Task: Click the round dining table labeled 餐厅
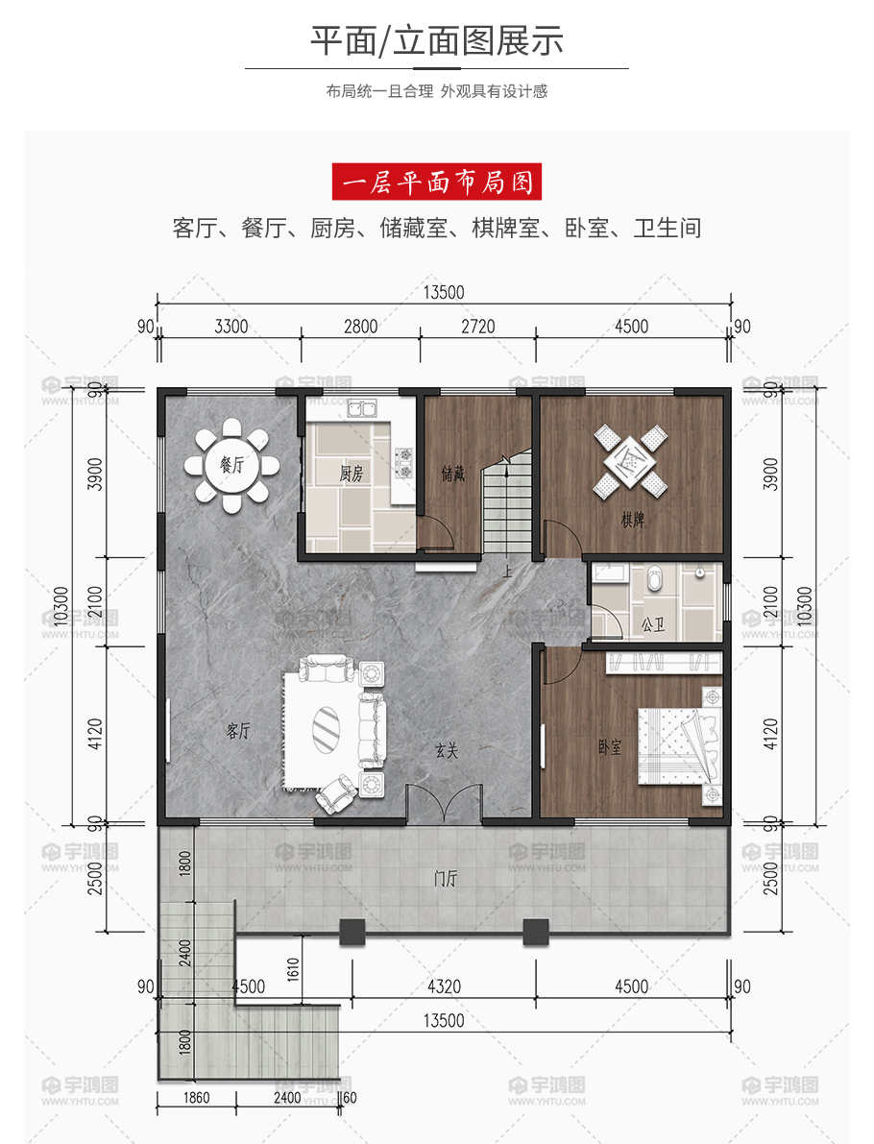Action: pos(232,465)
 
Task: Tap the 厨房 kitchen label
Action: pos(351,474)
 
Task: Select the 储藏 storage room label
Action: pos(452,474)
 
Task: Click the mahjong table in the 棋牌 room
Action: pos(631,461)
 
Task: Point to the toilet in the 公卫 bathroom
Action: pos(654,578)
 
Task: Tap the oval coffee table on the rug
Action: pos(326,727)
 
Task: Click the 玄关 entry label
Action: pos(447,750)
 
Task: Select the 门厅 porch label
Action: pos(446,879)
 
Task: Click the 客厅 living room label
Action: pos(238,730)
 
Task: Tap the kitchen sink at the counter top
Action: pos(362,408)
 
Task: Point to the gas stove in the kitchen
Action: pos(403,463)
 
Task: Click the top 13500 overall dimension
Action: pos(444,293)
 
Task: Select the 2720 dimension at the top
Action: pos(478,327)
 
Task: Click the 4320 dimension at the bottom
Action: pos(444,986)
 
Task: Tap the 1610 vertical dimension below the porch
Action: pos(293,969)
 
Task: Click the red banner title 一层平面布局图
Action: pos(437,182)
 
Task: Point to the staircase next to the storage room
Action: pos(506,503)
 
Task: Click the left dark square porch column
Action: pos(352,932)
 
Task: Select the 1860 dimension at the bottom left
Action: pos(196,1097)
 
